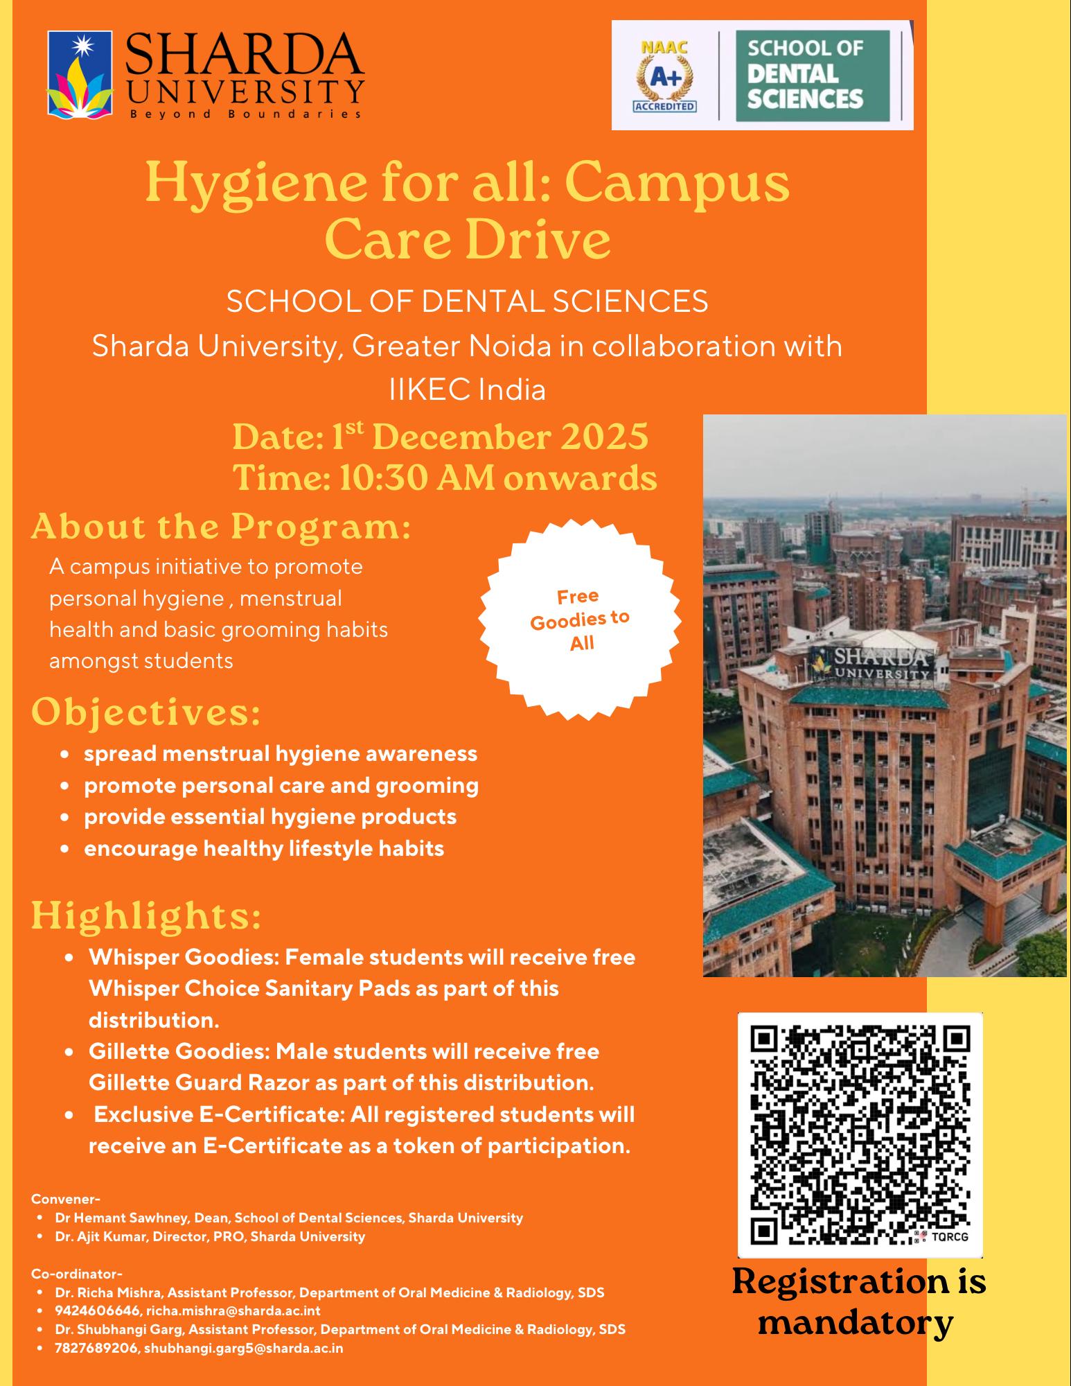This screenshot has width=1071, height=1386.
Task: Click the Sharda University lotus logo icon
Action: pyautogui.click(x=78, y=74)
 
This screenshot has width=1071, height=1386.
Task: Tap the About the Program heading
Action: pyautogui.click(x=221, y=527)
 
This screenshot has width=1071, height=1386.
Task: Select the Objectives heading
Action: pyautogui.click(x=146, y=713)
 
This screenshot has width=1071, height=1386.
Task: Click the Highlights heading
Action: pyautogui.click(x=146, y=915)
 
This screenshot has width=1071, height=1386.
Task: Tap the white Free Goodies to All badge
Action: pyautogui.click(x=580, y=620)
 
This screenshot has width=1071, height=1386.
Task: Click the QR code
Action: pyautogui.click(x=860, y=1135)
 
